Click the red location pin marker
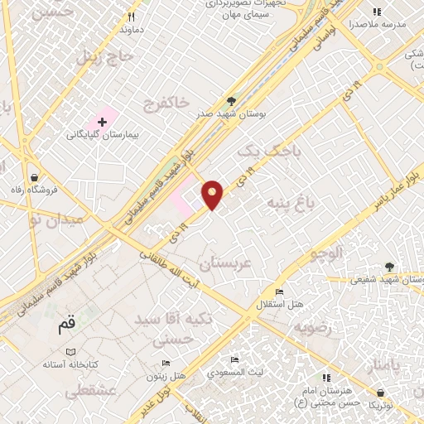(214, 194)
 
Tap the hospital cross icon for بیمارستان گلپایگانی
(103, 123)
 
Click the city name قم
(70, 325)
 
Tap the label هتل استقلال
(279, 304)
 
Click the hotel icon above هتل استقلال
(279, 292)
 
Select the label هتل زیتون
(166, 375)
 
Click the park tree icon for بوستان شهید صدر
(230, 101)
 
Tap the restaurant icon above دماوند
(131, 17)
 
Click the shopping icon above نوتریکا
(380, 393)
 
